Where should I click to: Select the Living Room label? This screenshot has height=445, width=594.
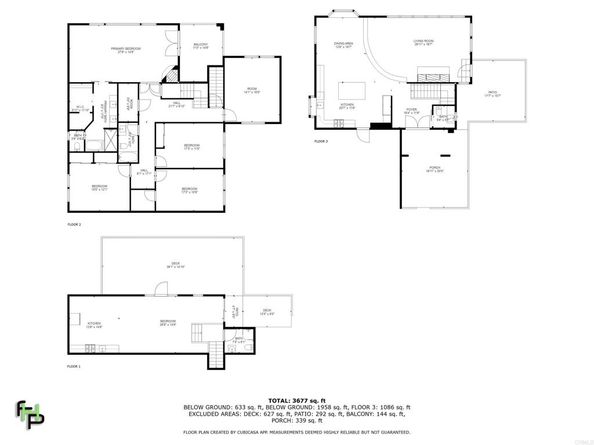pos(423,43)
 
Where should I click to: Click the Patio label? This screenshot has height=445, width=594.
pos(491,96)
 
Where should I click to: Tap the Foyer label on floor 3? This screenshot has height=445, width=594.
pos(411,112)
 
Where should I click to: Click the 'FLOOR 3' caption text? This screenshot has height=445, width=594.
pos(321,142)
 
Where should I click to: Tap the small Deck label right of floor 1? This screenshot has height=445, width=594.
pos(267,312)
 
